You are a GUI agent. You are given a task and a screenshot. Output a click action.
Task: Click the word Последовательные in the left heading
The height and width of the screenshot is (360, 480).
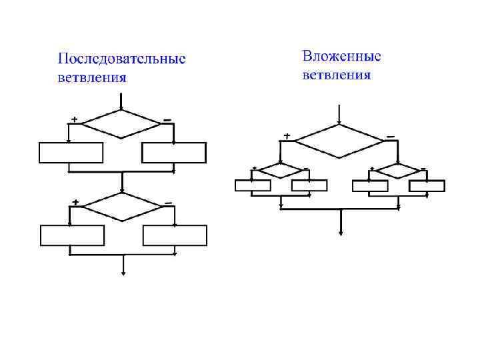(121, 59)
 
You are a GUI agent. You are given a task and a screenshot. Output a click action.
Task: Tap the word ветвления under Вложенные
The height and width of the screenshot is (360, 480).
(337, 74)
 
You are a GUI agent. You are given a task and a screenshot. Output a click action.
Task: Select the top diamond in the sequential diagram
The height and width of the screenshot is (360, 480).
(121, 123)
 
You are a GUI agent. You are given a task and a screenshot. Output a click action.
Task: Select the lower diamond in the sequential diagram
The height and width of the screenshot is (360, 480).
(122, 207)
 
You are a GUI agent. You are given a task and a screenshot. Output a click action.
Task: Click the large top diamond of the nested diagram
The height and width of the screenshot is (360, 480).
(340, 141)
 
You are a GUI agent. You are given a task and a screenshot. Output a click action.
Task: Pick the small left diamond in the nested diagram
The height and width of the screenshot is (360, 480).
(279, 170)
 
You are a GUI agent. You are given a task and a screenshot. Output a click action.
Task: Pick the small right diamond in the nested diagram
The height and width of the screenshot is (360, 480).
(397, 171)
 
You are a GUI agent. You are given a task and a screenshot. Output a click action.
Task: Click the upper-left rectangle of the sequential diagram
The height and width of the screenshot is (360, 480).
(71, 153)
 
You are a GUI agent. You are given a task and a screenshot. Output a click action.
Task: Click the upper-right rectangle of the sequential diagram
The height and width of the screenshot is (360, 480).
(173, 153)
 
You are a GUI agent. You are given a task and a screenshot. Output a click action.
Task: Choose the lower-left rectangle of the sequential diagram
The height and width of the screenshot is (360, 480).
(72, 235)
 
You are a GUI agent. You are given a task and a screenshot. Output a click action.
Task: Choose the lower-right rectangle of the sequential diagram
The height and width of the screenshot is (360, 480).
(175, 235)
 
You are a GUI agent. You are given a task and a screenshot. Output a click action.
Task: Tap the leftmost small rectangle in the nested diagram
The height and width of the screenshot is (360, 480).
(253, 186)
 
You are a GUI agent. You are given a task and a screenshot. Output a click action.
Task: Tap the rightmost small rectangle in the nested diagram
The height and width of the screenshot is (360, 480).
(427, 186)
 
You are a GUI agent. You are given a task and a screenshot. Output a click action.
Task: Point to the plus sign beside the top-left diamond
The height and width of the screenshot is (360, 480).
(74, 119)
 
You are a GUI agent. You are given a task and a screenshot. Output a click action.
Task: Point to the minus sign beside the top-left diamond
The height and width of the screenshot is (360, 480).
(167, 120)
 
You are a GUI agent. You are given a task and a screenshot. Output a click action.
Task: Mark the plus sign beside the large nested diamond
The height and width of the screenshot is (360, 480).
(287, 136)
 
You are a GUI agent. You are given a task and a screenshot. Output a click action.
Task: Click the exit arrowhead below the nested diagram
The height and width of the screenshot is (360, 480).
(341, 233)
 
